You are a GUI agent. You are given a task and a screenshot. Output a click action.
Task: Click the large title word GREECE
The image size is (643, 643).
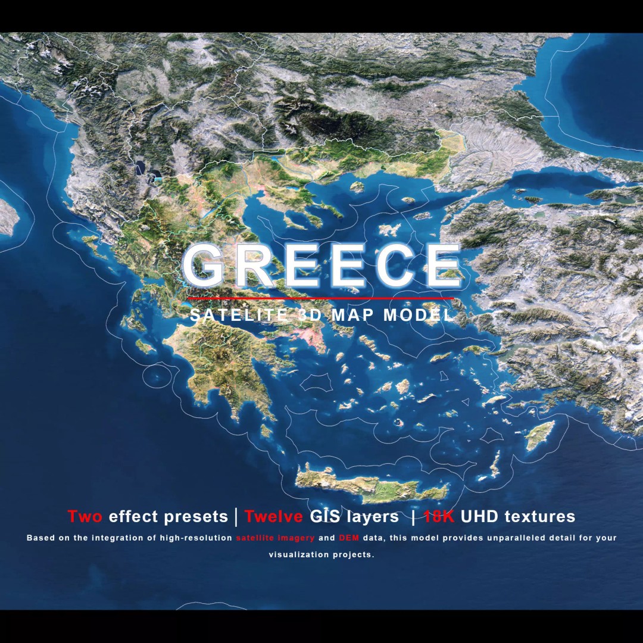pyautogui.click(x=321, y=265)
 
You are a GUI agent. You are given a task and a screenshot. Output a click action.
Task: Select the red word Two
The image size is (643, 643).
pyautogui.click(x=85, y=516)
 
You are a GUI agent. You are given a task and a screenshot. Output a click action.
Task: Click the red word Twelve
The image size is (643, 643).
pyautogui.click(x=273, y=516)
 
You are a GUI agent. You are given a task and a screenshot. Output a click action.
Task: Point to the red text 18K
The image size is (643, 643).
pyautogui.click(x=439, y=516)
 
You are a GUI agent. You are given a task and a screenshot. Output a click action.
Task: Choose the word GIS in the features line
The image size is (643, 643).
pyautogui.click(x=325, y=516)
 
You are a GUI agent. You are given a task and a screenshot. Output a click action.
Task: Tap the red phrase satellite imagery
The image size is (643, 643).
pyautogui.click(x=274, y=538)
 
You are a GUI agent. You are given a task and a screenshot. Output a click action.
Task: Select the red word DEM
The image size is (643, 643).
pyautogui.click(x=349, y=538)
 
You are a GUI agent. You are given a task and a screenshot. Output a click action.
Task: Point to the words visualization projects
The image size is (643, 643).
pyautogui.click(x=321, y=555)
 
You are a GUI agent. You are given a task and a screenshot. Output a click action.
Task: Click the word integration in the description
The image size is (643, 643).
pyautogui.click(x=124, y=538)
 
